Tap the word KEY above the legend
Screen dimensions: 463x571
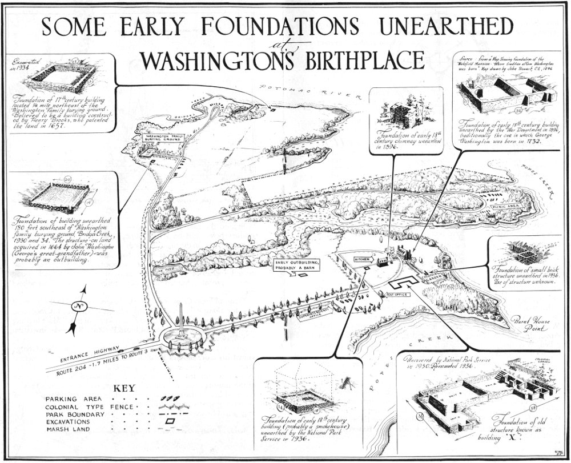[124, 388]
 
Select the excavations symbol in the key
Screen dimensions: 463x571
[170, 421]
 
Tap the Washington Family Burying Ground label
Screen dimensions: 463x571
[163, 138]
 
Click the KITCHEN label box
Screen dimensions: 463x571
[363, 259]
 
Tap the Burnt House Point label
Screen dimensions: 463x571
[530, 324]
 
